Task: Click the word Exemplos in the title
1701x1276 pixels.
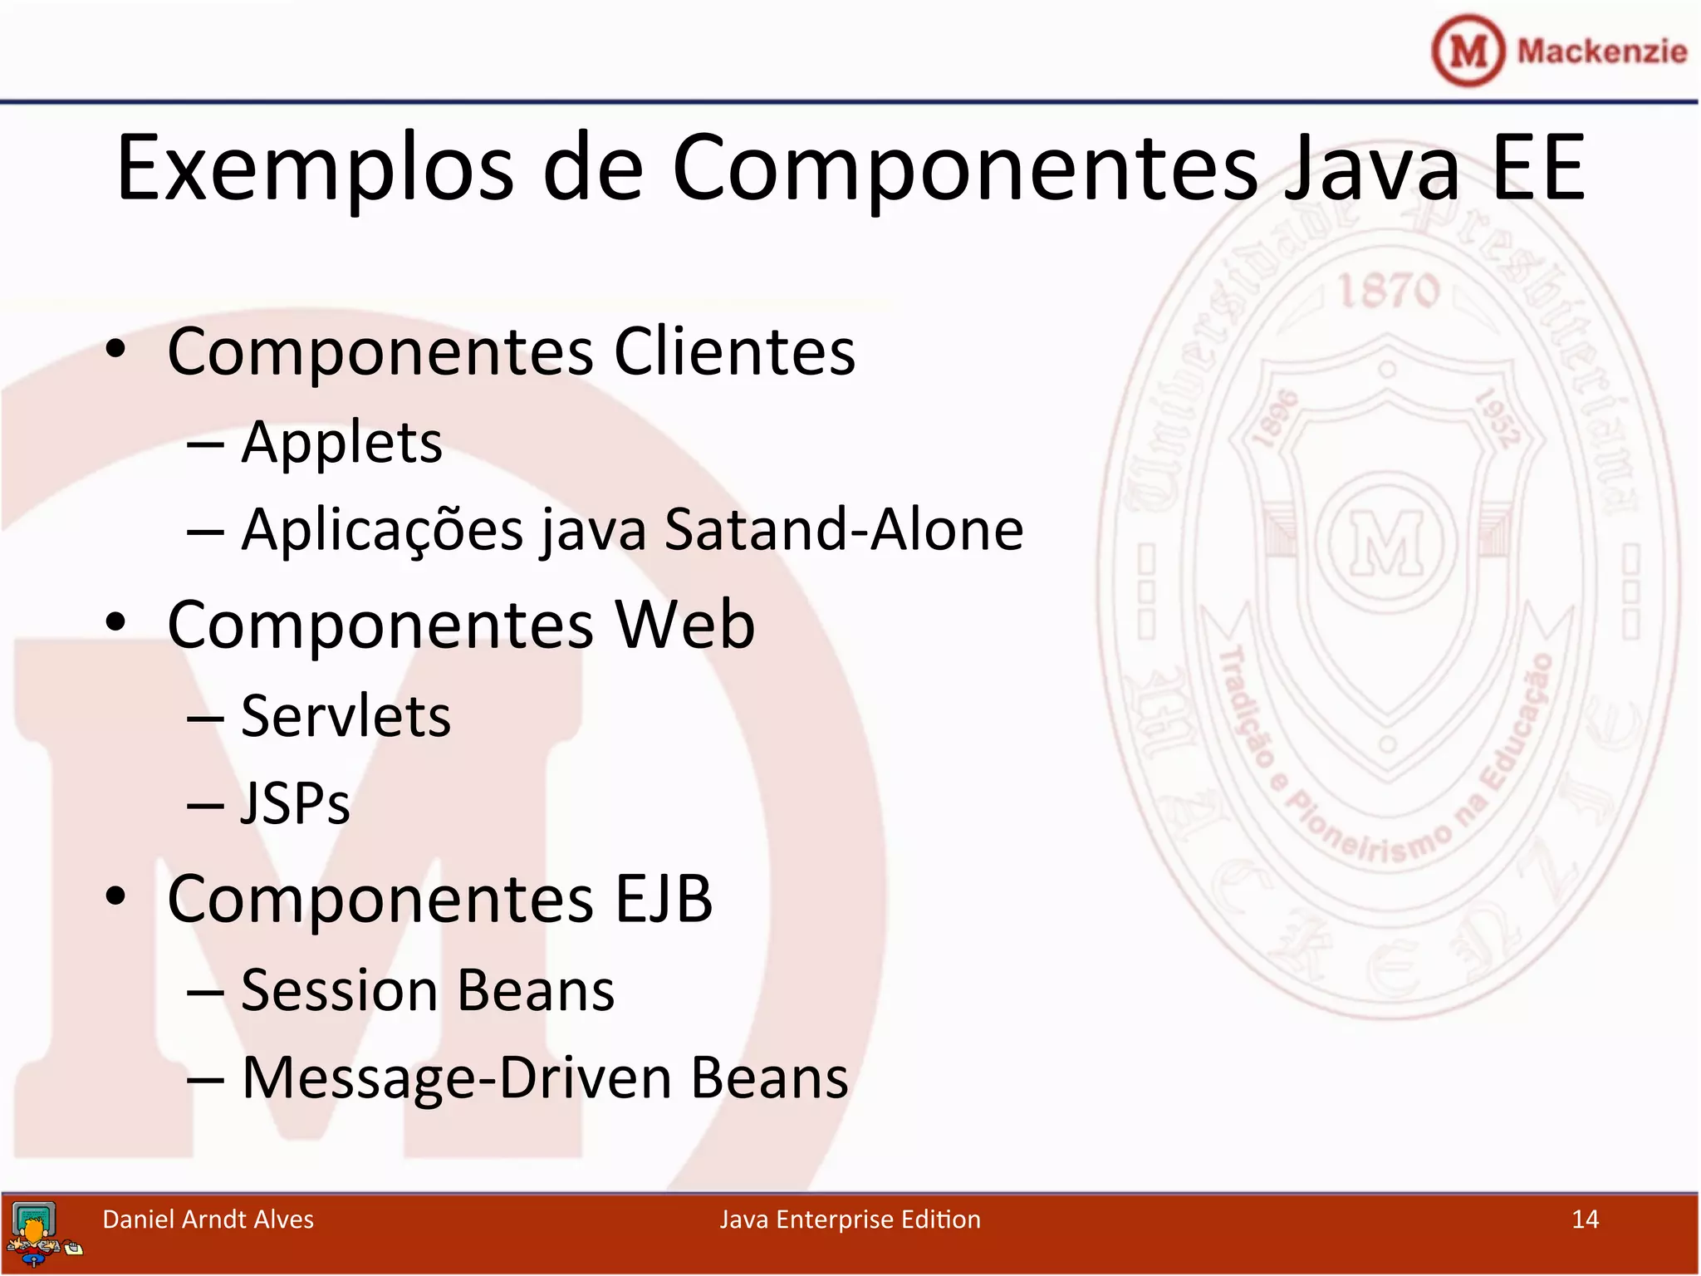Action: tap(315, 169)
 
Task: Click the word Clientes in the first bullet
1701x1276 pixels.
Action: tap(734, 351)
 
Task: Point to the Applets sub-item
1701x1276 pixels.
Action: tap(341, 443)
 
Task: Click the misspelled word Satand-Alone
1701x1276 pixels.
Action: tap(844, 529)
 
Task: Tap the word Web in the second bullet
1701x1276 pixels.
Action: tap(685, 625)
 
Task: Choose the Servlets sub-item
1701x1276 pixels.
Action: tap(346, 716)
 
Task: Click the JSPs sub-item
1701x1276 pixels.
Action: tap(296, 803)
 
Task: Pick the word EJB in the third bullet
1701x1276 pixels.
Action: tap(664, 899)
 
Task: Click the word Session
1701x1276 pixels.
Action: tap(339, 990)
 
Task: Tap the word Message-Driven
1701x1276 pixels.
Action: tap(457, 1078)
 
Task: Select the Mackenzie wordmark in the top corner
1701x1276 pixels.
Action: tap(1602, 52)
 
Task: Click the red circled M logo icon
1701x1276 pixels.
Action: tap(1468, 51)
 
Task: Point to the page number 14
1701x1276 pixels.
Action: tap(1585, 1220)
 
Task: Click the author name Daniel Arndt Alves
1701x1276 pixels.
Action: tap(208, 1220)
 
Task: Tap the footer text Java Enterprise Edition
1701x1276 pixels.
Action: tap(850, 1220)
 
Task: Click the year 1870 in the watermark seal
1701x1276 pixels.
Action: tap(1389, 291)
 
